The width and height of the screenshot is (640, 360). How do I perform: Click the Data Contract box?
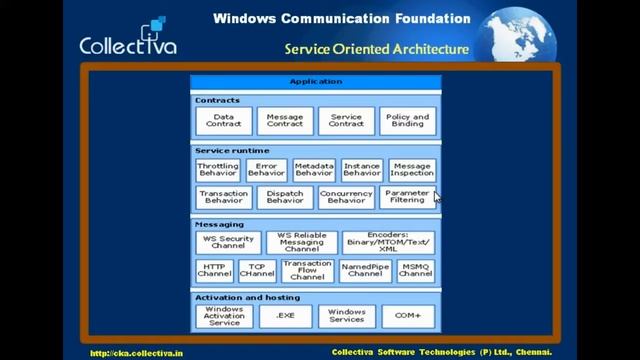click(224, 121)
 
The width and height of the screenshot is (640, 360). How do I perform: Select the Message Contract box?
click(285, 121)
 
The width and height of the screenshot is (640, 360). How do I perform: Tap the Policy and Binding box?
click(407, 121)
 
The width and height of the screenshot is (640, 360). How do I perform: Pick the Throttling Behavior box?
click(218, 170)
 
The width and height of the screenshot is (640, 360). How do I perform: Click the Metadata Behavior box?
click(314, 170)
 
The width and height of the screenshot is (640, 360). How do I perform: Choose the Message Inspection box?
click(412, 170)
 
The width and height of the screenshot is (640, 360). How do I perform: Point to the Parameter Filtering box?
click(407, 196)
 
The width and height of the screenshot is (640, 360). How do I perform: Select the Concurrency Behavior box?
click(346, 196)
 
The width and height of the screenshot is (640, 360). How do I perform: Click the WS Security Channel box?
click(229, 242)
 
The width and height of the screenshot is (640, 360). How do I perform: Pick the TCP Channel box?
click(257, 271)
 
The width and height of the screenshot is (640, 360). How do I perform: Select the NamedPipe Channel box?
click(365, 271)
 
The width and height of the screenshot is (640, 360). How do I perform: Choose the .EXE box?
click(285, 317)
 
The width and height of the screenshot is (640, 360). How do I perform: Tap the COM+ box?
click(407, 317)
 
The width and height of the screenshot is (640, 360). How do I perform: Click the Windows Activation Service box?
click(224, 317)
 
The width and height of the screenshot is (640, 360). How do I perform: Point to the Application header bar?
click(315, 81)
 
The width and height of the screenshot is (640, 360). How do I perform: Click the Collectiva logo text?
click(128, 46)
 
